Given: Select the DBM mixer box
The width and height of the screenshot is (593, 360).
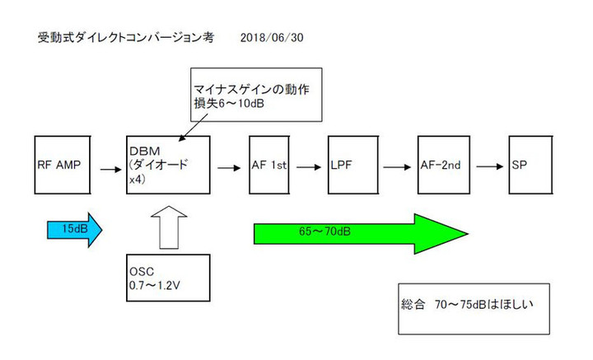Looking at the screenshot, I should coord(169,166).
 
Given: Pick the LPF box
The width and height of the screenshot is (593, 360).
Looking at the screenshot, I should coord(353,166).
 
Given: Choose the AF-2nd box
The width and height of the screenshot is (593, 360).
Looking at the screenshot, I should coord(444,166).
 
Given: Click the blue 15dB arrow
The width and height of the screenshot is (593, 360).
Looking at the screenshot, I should coord(72,228).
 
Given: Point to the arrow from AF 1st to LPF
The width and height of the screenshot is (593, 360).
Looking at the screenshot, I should coord(308,166).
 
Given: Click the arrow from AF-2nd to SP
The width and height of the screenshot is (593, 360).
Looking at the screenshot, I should coord(488,166).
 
